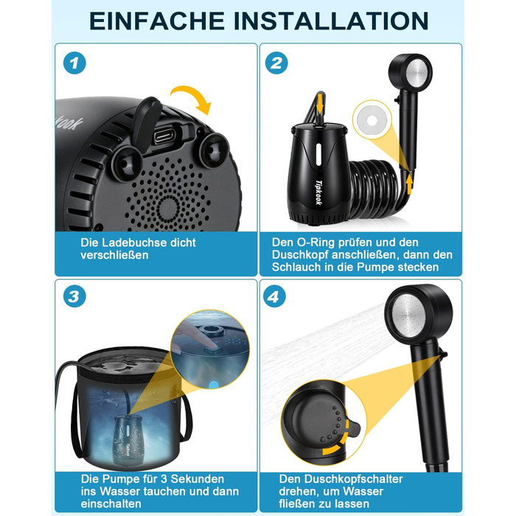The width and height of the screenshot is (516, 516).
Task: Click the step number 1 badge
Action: click(x=74, y=63)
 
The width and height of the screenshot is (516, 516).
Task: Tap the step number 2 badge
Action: click(x=276, y=63)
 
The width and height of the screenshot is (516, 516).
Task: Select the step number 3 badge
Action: click(x=74, y=296)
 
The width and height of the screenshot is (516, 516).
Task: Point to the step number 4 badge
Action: click(x=274, y=296)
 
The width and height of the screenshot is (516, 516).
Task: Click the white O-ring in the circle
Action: click(x=372, y=120)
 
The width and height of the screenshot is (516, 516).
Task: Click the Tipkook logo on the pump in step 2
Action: click(x=319, y=192)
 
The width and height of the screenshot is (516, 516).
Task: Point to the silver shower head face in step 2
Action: click(x=416, y=74)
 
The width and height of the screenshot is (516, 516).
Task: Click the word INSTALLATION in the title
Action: click(x=331, y=21)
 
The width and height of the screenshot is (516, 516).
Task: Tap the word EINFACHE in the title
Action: click(x=157, y=21)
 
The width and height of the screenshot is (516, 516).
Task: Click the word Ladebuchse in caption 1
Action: click(x=133, y=243)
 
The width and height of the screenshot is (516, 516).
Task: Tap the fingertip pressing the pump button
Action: click(x=213, y=345)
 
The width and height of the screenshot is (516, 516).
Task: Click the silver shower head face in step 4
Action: click(x=408, y=315)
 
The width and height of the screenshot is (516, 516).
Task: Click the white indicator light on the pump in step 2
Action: click(x=318, y=155)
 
